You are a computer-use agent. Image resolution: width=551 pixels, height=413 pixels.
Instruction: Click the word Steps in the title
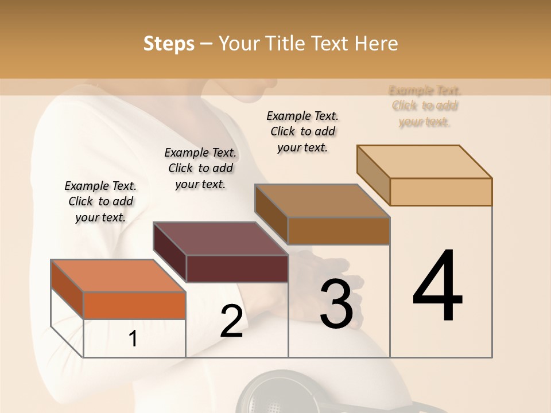click(169, 44)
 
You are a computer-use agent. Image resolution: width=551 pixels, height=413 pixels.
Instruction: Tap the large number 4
click(437, 286)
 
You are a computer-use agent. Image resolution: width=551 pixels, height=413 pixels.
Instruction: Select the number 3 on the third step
click(336, 304)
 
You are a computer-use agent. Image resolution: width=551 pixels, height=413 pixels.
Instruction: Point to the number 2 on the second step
click(231, 321)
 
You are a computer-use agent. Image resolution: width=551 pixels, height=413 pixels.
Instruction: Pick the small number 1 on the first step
click(133, 339)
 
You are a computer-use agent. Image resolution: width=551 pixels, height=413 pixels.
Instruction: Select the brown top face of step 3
click(322, 201)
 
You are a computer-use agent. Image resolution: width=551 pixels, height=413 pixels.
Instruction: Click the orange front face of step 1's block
click(134, 305)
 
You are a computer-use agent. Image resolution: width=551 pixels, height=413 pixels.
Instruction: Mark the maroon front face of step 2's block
click(237, 268)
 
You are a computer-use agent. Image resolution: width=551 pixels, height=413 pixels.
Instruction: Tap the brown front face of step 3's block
click(339, 231)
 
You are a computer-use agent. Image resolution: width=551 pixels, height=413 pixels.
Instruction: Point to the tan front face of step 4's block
click(441, 192)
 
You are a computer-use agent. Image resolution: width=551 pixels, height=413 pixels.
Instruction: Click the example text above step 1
click(100, 201)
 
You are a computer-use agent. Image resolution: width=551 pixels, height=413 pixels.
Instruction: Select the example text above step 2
click(200, 168)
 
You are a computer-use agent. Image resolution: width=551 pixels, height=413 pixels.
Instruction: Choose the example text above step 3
click(302, 131)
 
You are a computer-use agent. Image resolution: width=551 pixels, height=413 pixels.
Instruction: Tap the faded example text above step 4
click(425, 106)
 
